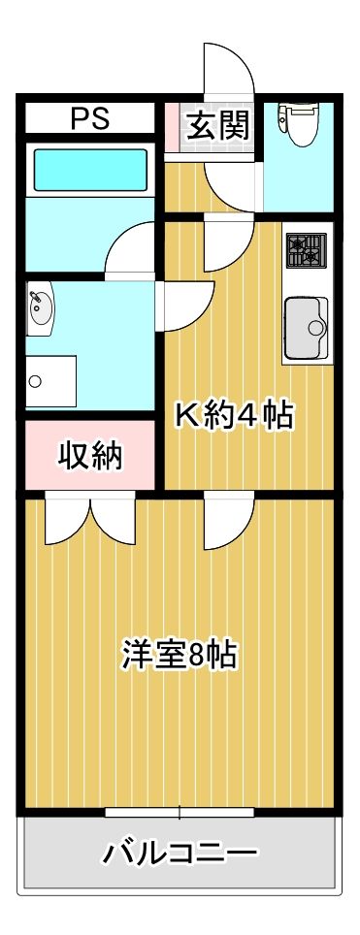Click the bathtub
89,170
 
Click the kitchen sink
305,328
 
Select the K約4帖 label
233,415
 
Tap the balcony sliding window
180,810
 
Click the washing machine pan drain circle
35,380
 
